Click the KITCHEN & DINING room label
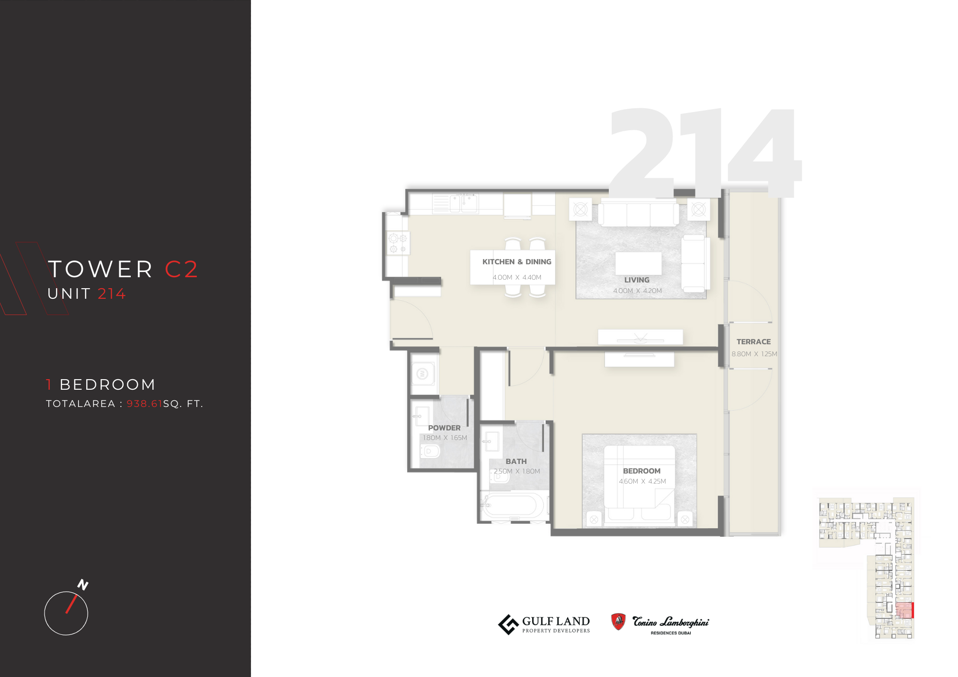tap(516, 262)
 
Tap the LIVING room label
tap(637, 280)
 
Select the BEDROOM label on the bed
tap(641, 471)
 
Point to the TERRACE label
tap(753, 342)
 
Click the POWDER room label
tap(444, 428)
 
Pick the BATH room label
tap(516, 462)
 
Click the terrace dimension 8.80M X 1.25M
tap(754, 354)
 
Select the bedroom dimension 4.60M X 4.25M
tap(642, 482)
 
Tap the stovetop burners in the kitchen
tap(398, 243)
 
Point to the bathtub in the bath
tap(513, 506)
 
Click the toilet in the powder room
tap(430, 451)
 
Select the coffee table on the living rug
tap(638, 264)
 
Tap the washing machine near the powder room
tap(422, 373)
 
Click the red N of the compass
tap(83, 585)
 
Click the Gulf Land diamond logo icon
tap(508, 624)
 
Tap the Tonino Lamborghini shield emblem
tap(618, 621)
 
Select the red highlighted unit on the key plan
tap(904, 610)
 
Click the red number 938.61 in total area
tap(144, 404)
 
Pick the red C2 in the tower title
tap(181, 269)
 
